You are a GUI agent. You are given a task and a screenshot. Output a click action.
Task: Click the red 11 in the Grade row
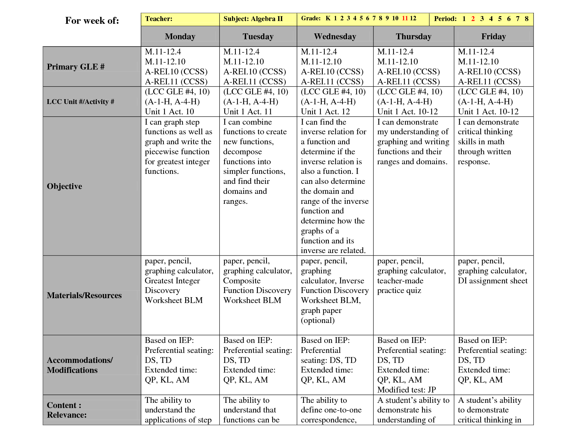tap(405, 18)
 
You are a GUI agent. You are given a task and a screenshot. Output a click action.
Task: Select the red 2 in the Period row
tap(473, 19)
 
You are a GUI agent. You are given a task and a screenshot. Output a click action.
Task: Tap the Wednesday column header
tap(335, 36)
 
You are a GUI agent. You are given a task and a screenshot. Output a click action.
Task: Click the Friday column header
tap(493, 36)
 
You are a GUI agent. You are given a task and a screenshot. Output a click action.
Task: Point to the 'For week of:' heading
tap(92, 21)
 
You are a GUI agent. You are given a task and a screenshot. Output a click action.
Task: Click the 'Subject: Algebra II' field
tap(253, 19)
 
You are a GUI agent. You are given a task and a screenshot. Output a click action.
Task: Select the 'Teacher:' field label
tap(159, 19)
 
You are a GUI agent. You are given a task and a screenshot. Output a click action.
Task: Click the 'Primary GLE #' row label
tap(76, 67)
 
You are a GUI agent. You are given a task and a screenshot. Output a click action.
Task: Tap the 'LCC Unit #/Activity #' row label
tap(81, 102)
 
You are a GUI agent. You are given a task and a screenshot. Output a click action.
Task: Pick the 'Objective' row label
tap(64, 186)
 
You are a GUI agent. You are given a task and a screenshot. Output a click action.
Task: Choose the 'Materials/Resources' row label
tap(84, 295)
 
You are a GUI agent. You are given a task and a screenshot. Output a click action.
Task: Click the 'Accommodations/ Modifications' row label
tap(80, 365)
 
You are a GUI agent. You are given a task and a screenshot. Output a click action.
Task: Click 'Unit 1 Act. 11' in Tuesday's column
tap(248, 112)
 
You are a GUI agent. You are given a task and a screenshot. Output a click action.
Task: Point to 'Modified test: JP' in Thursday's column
tap(407, 390)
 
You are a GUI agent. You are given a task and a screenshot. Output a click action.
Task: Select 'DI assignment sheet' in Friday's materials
tap(492, 281)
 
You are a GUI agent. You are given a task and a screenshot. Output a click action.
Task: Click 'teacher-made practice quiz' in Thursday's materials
tap(400, 286)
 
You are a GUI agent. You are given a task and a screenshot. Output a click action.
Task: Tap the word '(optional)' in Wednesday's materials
tap(317, 321)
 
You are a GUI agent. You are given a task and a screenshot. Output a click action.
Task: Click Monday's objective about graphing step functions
tap(178, 147)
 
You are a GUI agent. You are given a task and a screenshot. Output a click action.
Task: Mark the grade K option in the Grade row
tap(328, 18)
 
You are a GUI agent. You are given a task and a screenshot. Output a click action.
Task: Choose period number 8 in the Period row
tap(526, 19)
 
